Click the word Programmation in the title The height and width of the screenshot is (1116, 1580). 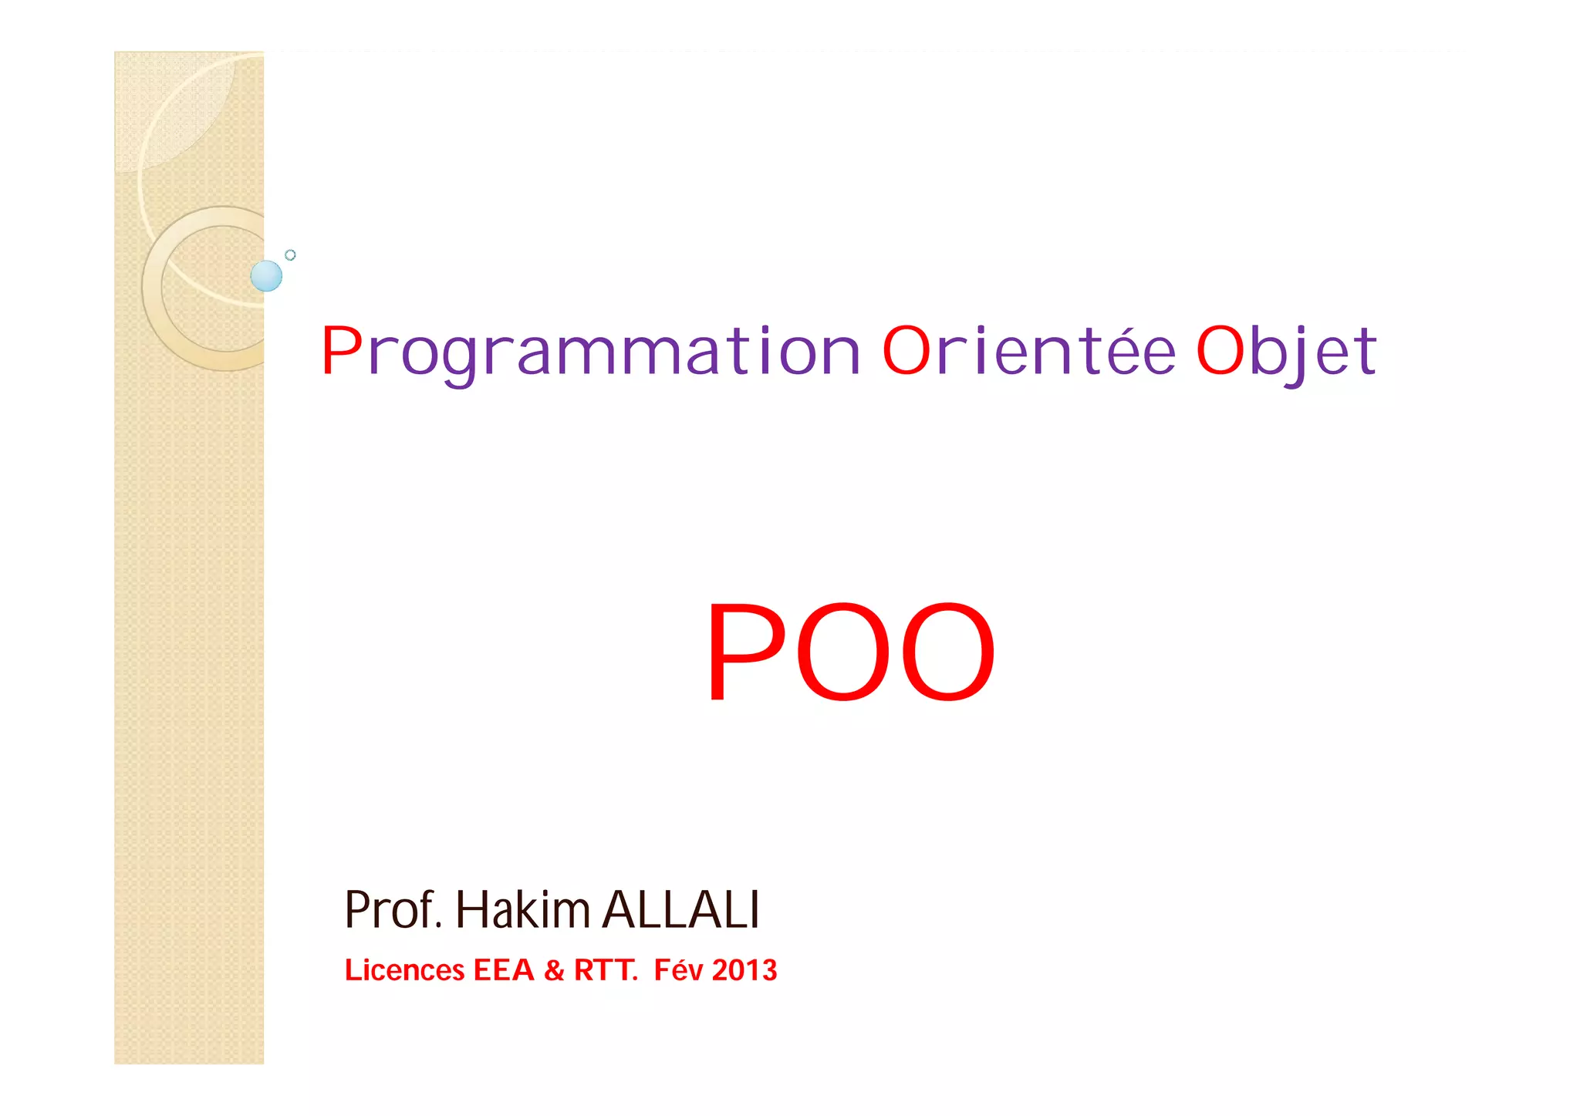click(x=590, y=352)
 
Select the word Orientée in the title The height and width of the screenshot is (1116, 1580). click(x=1028, y=351)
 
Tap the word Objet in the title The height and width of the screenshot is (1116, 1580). click(x=1286, y=352)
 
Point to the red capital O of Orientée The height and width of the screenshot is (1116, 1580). click(x=906, y=351)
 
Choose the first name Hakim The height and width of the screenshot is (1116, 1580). click(x=523, y=910)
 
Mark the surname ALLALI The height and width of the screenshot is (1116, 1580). click(x=680, y=910)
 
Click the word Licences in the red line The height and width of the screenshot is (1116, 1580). click(x=404, y=970)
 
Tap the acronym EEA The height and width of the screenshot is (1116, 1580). click(x=503, y=970)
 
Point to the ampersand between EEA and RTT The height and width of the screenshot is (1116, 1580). click(x=554, y=971)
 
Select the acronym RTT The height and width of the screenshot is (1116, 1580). click(x=604, y=970)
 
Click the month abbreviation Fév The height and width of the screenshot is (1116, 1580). click(x=678, y=970)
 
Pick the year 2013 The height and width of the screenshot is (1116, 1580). click(x=744, y=970)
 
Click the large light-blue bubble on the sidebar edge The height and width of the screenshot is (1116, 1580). click(x=266, y=276)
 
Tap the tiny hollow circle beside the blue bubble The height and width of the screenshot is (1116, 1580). click(x=290, y=255)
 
